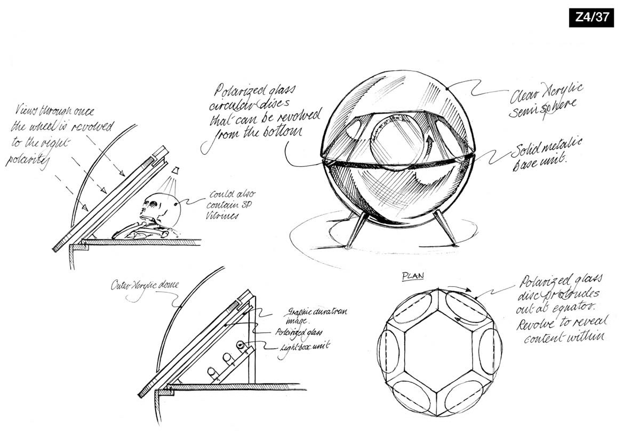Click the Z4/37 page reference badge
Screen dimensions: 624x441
tap(591, 17)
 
